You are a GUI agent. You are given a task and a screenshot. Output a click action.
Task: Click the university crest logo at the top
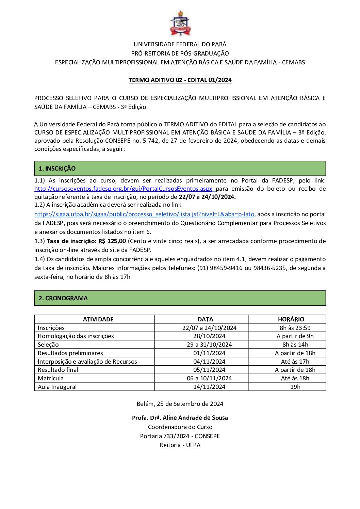click(180, 23)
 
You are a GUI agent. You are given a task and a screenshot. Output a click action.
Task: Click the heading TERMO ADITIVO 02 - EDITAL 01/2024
click(180, 80)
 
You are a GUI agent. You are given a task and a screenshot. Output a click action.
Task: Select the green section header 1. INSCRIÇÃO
click(180, 169)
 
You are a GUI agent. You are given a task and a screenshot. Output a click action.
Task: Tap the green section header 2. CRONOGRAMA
click(180, 298)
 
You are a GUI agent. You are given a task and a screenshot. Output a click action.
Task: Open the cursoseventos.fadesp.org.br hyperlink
click(123, 189)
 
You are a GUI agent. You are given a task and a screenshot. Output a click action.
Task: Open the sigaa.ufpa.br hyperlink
click(144, 214)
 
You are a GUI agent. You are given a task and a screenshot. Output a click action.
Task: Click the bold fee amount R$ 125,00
click(112, 241)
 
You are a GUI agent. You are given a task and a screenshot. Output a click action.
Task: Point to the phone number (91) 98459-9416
click(220, 268)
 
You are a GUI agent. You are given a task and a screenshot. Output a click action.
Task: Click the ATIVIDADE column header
click(98, 319)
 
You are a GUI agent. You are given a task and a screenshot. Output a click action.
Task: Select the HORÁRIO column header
click(291, 319)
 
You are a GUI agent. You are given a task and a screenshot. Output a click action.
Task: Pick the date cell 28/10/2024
click(209, 336)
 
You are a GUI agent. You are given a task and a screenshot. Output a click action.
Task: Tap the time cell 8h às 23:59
click(295, 328)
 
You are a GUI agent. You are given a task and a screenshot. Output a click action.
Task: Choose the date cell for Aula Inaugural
click(209, 387)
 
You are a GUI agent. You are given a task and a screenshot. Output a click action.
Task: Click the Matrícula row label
click(51, 378)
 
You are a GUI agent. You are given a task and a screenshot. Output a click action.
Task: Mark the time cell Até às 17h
click(295, 362)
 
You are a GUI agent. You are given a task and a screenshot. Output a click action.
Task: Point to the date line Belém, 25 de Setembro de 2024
click(180, 404)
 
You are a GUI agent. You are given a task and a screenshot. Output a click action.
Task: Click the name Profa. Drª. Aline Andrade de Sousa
click(180, 418)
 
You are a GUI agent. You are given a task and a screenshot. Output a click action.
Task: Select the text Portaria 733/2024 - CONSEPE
click(180, 436)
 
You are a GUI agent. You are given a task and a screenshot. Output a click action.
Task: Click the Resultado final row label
click(58, 370)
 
